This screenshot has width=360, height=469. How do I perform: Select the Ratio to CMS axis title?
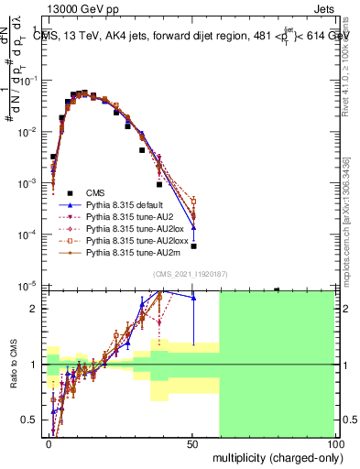[14, 365]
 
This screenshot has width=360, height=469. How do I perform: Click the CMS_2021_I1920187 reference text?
[190, 274]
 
